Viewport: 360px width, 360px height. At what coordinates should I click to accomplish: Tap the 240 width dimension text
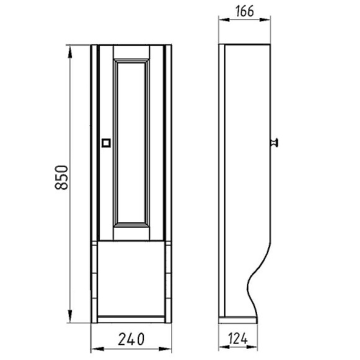click(x=131, y=339)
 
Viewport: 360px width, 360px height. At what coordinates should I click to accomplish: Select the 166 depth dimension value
click(x=246, y=11)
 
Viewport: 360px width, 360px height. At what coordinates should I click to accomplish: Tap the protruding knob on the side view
click(x=274, y=143)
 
